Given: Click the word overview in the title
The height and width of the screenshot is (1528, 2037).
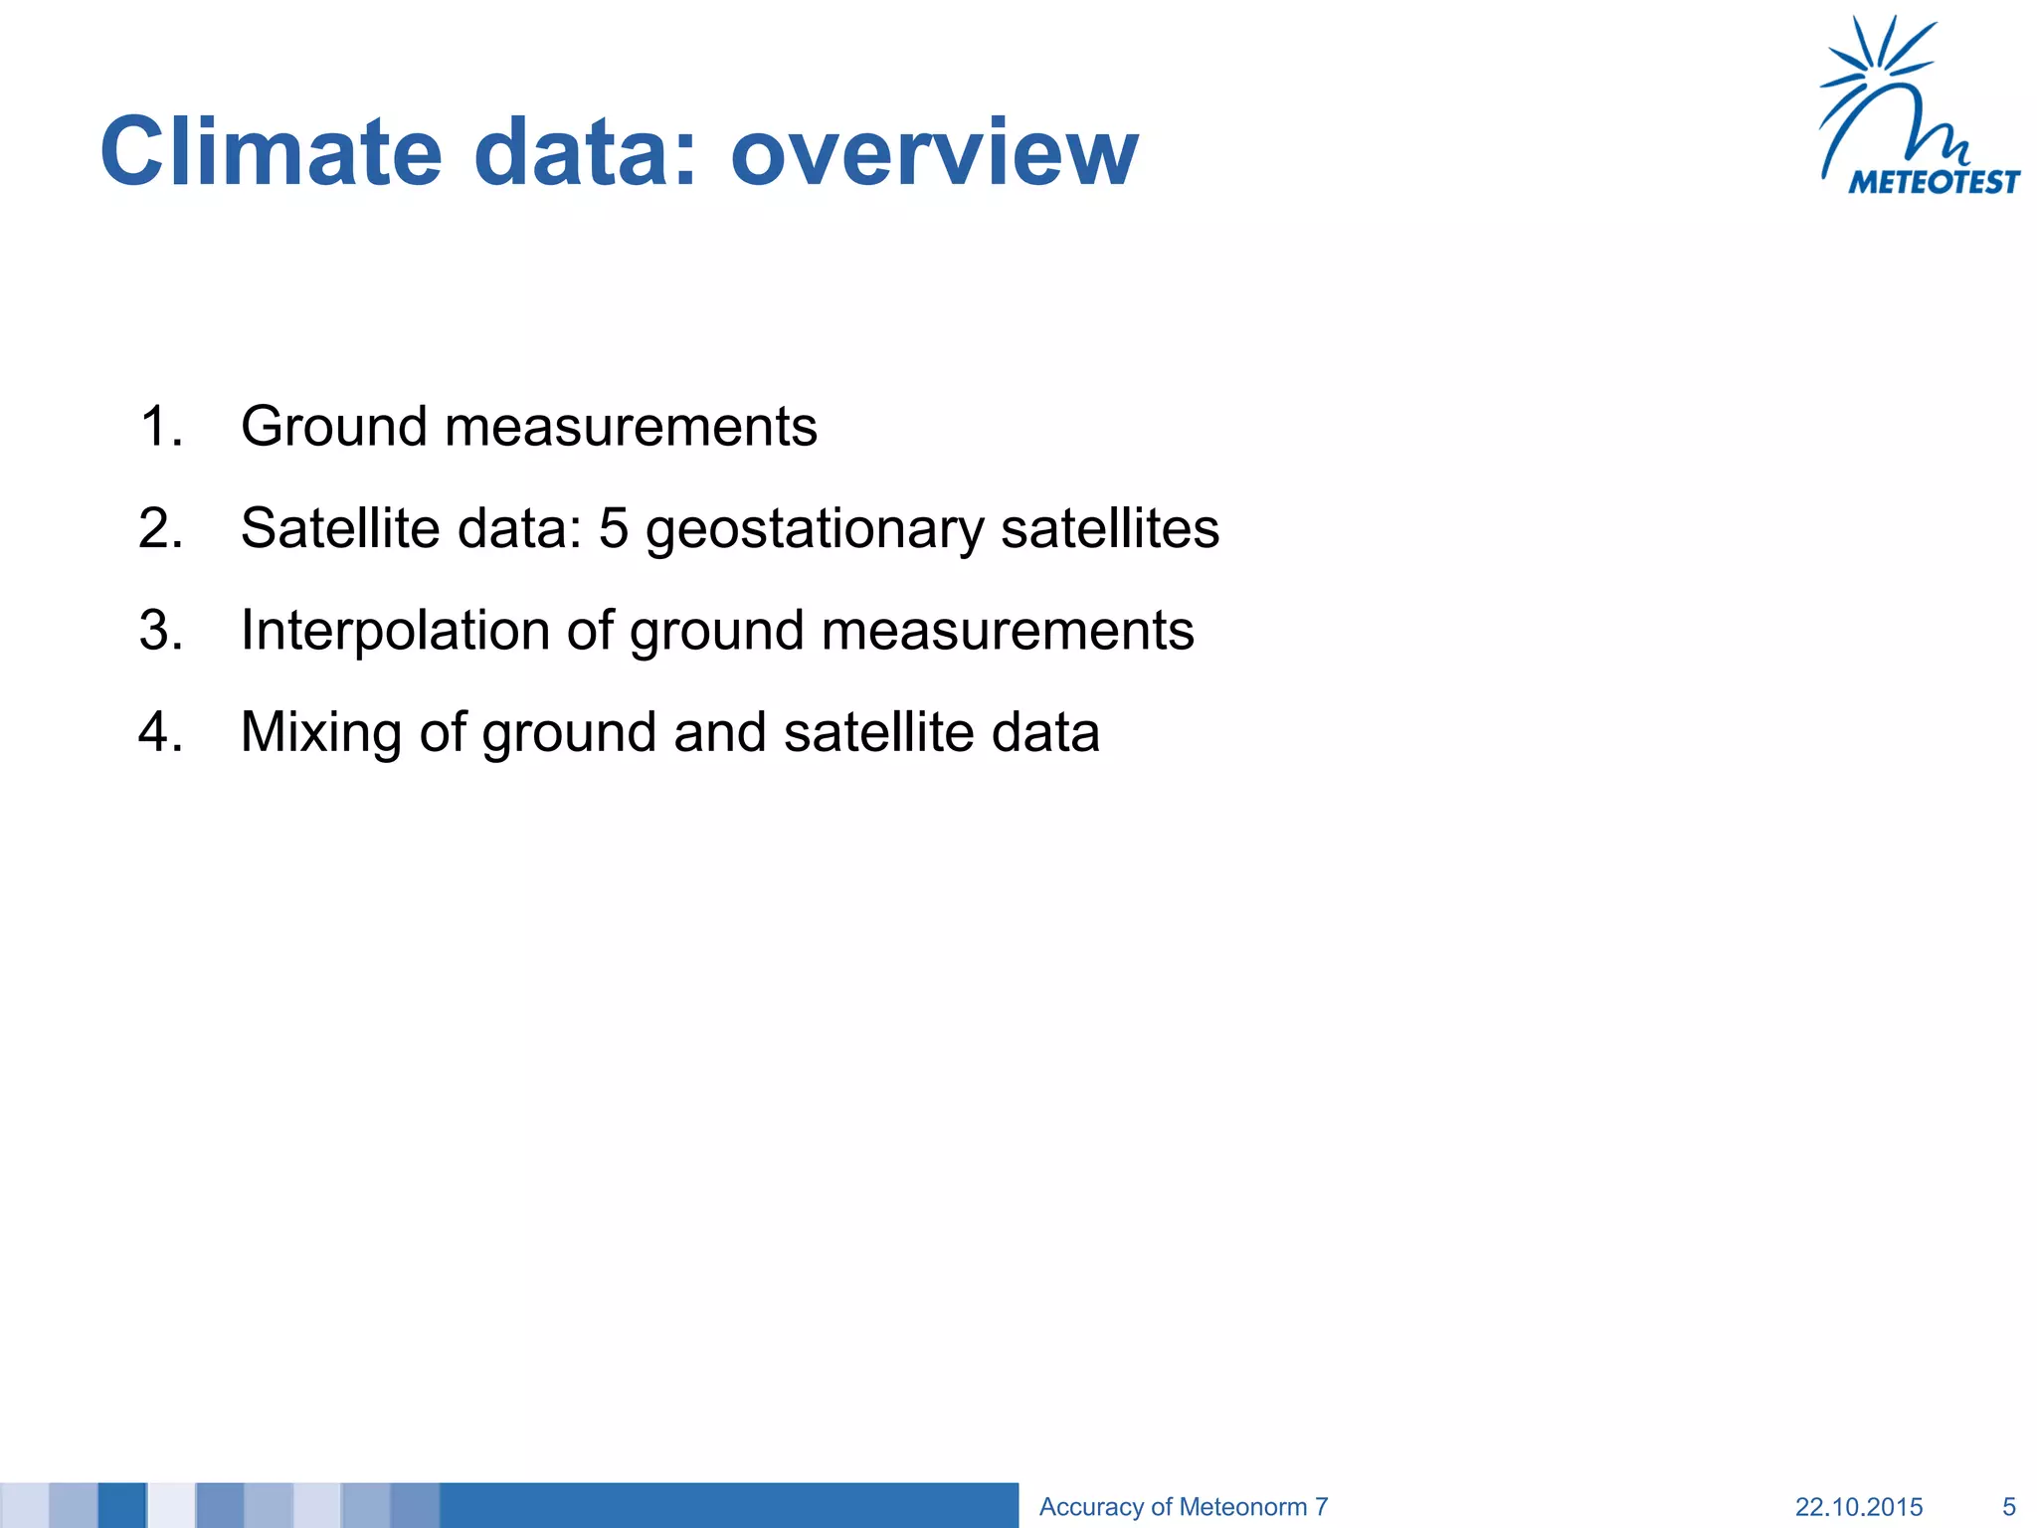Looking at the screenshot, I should coord(934,152).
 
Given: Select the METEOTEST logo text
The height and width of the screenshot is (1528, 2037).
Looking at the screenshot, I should coord(1934,182).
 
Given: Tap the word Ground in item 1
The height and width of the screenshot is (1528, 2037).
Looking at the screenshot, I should coord(334,427).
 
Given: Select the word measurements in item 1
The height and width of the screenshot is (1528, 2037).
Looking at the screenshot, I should coord(631,427).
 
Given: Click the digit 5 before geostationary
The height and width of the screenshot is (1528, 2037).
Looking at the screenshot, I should coord(614,528).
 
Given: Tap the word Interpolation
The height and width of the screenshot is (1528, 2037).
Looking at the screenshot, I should coord(395,631).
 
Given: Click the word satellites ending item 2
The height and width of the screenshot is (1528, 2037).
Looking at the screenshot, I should coord(1109,528).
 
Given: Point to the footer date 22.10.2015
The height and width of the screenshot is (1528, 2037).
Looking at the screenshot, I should coord(1858,1507).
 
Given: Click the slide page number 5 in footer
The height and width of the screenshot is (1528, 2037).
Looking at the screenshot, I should coord(2008,1507).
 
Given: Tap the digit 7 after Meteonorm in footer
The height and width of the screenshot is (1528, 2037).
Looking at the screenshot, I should coord(1321,1507).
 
